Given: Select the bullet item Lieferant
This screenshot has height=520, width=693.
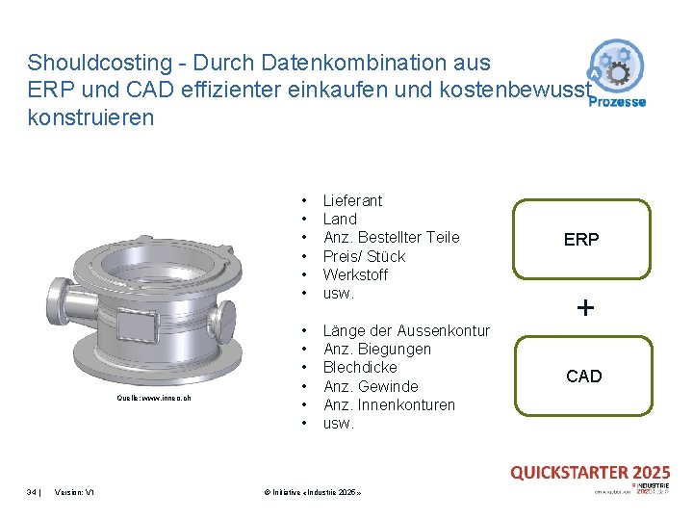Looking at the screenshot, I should pyautogui.click(x=352, y=200).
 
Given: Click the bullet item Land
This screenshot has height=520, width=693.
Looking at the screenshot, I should pyautogui.click(x=340, y=219).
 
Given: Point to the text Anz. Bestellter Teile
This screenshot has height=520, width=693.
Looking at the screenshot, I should pyautogui.click(x=391, y=237).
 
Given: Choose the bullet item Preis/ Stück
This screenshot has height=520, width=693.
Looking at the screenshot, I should pyautogui.click(x=364, y=256).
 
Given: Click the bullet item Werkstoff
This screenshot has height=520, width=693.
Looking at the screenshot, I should pyautogui.click(x=355, y=274).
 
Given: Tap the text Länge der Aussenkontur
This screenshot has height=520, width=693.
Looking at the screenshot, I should pyautogui.click(x=406, y=330).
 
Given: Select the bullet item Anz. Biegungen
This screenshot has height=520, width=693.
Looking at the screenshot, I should pyautogui.click(x=376, y=349).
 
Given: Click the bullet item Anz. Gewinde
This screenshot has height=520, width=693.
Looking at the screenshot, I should pyautogui.click(x=371, y=386).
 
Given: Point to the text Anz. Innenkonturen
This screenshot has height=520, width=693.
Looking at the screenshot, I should pyautogui.click(x=389, y=404).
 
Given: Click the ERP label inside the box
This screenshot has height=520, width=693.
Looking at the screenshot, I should pyautogui.click(x=581, y=240).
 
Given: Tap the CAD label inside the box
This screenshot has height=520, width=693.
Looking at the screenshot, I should pyautogui.click(x=583, y=377).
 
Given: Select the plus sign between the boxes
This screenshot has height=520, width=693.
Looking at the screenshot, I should pyautogui.click(x=585, y=308).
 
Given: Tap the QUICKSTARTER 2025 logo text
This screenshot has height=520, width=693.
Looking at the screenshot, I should pyautogui.click(x=590, y=472).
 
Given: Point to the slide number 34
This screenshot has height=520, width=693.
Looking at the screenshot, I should pyautogui.click(x=32, y=492).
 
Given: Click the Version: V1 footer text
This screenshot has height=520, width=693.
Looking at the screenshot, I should pyautogui.click(x=75, y=492).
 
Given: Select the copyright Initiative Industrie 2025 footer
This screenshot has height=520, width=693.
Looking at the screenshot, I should pyautogui.click(x=312, y=492).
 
